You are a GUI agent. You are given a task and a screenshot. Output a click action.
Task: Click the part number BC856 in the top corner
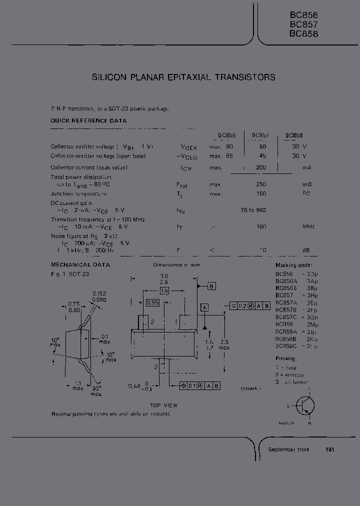303,15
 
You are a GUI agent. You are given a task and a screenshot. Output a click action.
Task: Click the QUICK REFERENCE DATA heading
88,120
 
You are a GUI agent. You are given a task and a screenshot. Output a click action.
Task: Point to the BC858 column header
294,135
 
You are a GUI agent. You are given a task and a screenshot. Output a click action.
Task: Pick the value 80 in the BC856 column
229,146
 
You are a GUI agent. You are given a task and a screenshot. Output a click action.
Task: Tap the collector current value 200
260,167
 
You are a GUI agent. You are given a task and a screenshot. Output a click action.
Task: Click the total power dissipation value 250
260,184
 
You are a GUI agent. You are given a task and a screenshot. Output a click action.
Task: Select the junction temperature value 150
260,193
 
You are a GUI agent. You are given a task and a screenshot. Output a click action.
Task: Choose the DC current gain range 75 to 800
253,210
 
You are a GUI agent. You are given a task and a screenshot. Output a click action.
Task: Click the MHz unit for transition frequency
308,227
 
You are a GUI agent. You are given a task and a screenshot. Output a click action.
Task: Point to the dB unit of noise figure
306,250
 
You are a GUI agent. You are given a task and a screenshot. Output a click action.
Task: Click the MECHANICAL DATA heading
80,265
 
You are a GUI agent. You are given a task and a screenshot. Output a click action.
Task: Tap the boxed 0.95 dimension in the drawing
152,302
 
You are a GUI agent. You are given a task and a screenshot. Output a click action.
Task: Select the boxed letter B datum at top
211,286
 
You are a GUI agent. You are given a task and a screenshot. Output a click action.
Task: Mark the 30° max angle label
96,390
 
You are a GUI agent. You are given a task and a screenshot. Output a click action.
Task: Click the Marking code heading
293,265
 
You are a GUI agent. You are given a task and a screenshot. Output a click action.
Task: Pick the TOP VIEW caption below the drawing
163,405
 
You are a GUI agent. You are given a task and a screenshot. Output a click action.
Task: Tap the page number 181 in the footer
330,449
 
